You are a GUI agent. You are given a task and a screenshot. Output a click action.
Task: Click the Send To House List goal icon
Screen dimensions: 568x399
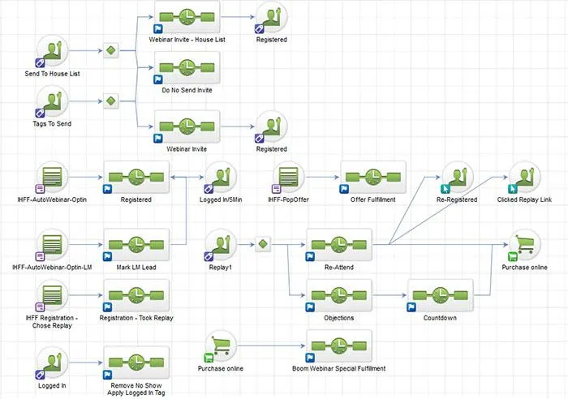tap(52, 51)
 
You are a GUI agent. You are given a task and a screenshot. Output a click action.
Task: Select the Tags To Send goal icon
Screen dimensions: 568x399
tap(52, 101)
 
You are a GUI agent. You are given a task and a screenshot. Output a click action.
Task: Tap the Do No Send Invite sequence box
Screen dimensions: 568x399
tap(187, 68)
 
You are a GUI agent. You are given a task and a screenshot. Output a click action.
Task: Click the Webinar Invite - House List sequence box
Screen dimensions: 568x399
tap(187, 17)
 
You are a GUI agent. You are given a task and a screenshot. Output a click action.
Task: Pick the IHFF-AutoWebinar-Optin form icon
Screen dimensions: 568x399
tap(52, 178)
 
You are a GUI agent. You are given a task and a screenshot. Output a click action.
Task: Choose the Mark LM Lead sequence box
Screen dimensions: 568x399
tap(136, 245)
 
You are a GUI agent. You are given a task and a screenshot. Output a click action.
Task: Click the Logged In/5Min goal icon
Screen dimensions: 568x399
tap(220, 178)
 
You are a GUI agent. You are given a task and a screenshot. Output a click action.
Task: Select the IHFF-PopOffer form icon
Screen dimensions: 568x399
tap(288, 178)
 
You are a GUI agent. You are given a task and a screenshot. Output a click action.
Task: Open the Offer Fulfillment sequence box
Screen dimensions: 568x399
tap(373, 178)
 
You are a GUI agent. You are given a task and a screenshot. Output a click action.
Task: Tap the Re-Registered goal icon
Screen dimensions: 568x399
tap(457, 178)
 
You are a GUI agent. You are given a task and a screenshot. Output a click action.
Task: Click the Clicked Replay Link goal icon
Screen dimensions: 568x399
tap(524, 178)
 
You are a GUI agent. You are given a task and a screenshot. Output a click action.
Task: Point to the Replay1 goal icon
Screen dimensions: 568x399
tap(220, 245)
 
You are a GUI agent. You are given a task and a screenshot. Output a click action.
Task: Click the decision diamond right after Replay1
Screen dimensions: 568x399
tap(263, 244)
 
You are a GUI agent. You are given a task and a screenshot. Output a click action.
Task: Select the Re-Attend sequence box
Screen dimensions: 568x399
tap(339, 245)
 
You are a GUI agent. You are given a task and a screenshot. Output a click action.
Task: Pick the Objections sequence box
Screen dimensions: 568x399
tap(339, 295)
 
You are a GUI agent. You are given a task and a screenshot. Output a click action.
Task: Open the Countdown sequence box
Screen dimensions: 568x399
tap(441, 295)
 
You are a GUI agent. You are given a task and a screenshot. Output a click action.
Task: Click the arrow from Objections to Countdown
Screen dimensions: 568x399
tap(389, 295)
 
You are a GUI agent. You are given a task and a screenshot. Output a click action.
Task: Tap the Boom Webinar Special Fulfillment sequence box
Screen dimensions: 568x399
tap(339, 346)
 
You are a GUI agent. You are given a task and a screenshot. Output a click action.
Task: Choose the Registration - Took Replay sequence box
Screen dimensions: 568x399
tap(136, 295)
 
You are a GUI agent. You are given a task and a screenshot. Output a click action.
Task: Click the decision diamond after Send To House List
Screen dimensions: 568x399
tap(111, 51)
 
